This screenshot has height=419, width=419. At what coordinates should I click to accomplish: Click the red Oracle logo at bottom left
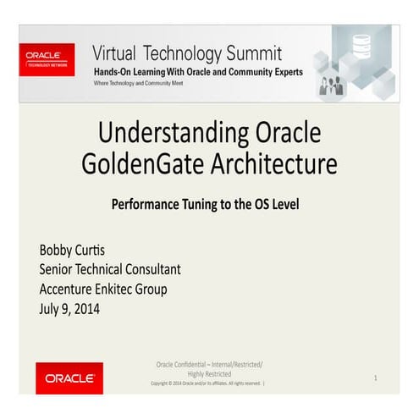point(69,378)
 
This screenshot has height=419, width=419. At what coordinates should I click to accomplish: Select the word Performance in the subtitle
point(148,204)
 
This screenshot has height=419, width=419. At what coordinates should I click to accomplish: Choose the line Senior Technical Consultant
point(110,270)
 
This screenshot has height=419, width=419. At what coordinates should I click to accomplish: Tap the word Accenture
point(70,289)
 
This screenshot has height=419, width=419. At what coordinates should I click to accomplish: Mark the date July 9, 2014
point(69,308)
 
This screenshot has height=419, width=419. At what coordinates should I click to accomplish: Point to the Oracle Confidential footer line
point(209,364)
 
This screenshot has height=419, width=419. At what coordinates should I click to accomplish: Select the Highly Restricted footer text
point(209,373)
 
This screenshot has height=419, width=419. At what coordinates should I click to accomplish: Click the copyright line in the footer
point(207,383)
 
